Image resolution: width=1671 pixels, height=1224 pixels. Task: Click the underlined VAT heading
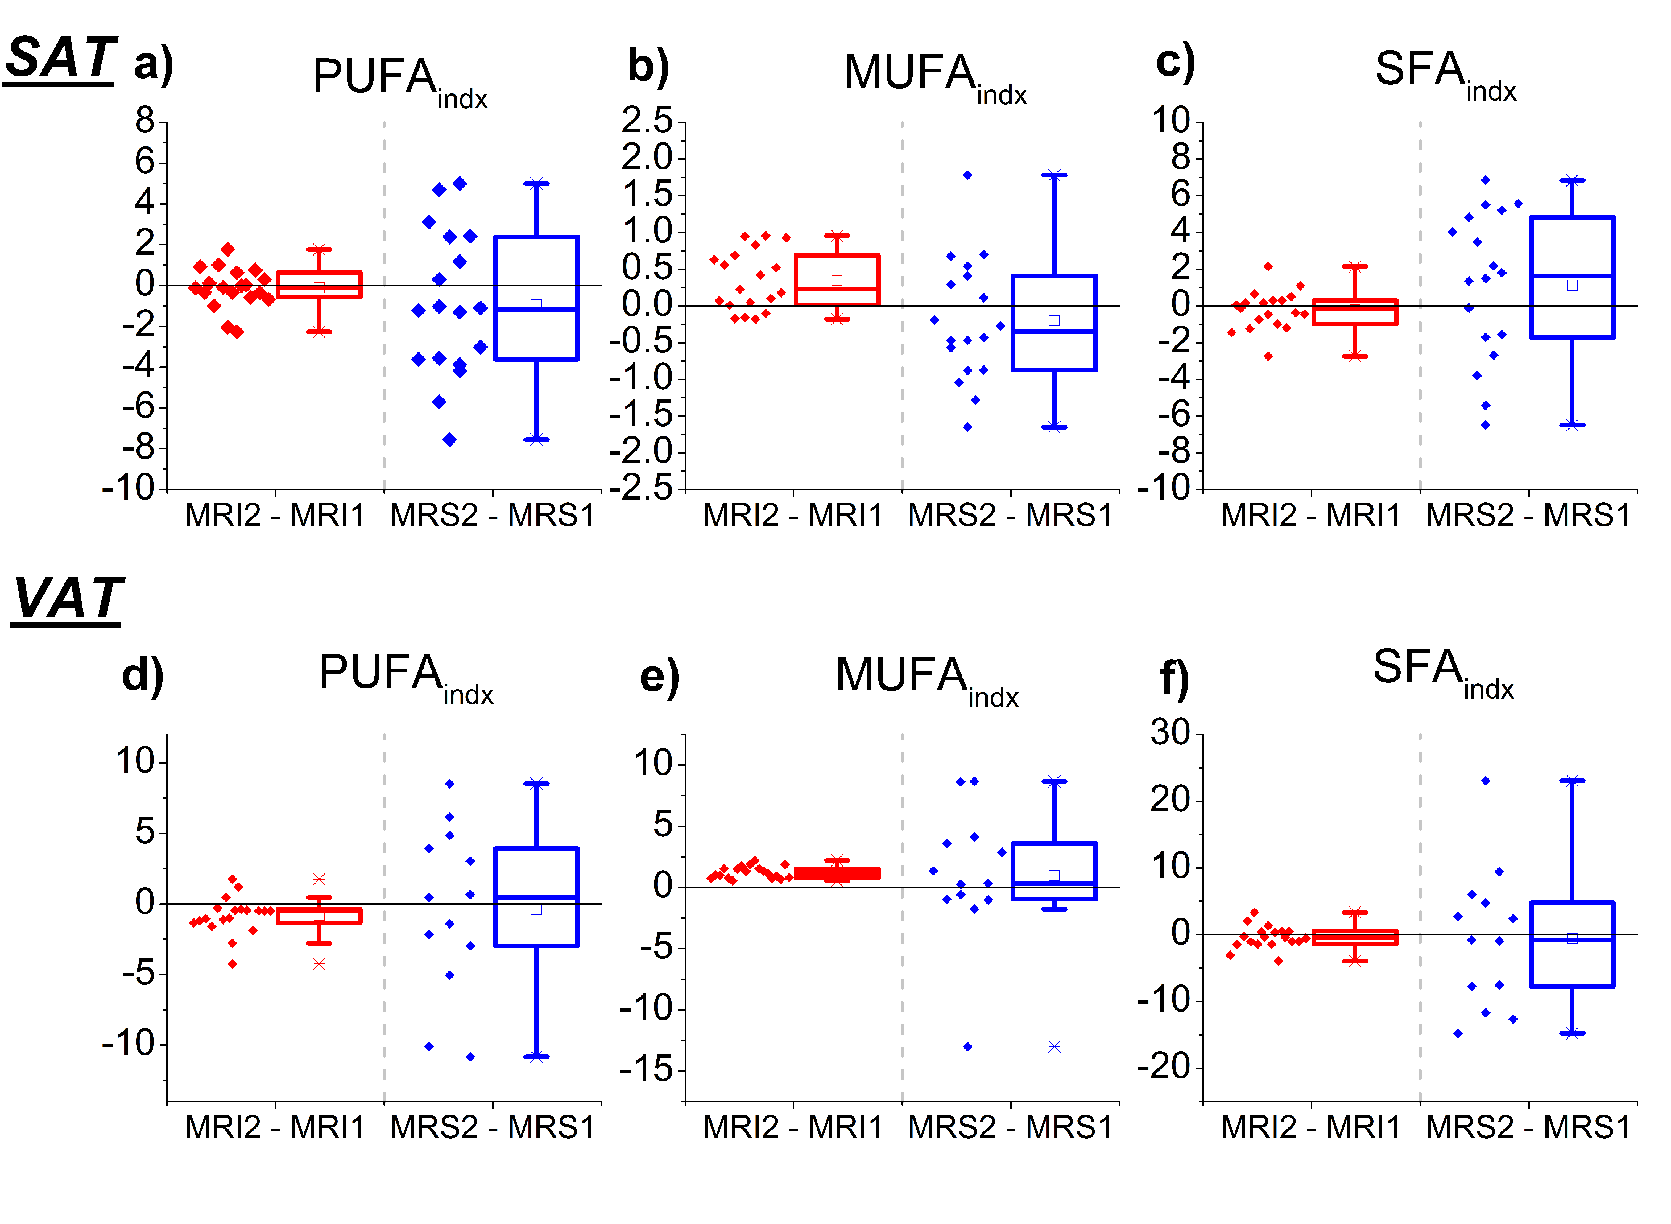[x=68, y=599]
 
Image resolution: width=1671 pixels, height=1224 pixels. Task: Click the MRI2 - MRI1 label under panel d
[x=275, y=1128]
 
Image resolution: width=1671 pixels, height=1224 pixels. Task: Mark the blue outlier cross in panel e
[x=1054, y=1046]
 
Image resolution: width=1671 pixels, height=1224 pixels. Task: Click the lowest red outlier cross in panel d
[x=319, y=964]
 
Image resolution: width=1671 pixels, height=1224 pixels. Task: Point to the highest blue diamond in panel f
[x=1485, y=780]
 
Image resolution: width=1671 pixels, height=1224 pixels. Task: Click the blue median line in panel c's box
[x=1572, y=276]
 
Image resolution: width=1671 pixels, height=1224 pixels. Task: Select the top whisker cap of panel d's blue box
[x=536, y=783]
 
